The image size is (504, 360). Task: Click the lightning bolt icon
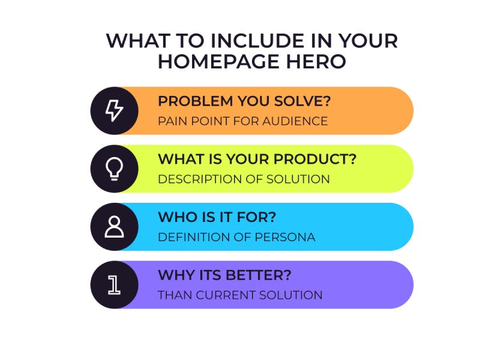click(114, 111)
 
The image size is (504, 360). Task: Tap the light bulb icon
click(114, 169)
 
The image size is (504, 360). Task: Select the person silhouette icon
click(114, 227)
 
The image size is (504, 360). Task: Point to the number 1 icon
click(114, 285)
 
